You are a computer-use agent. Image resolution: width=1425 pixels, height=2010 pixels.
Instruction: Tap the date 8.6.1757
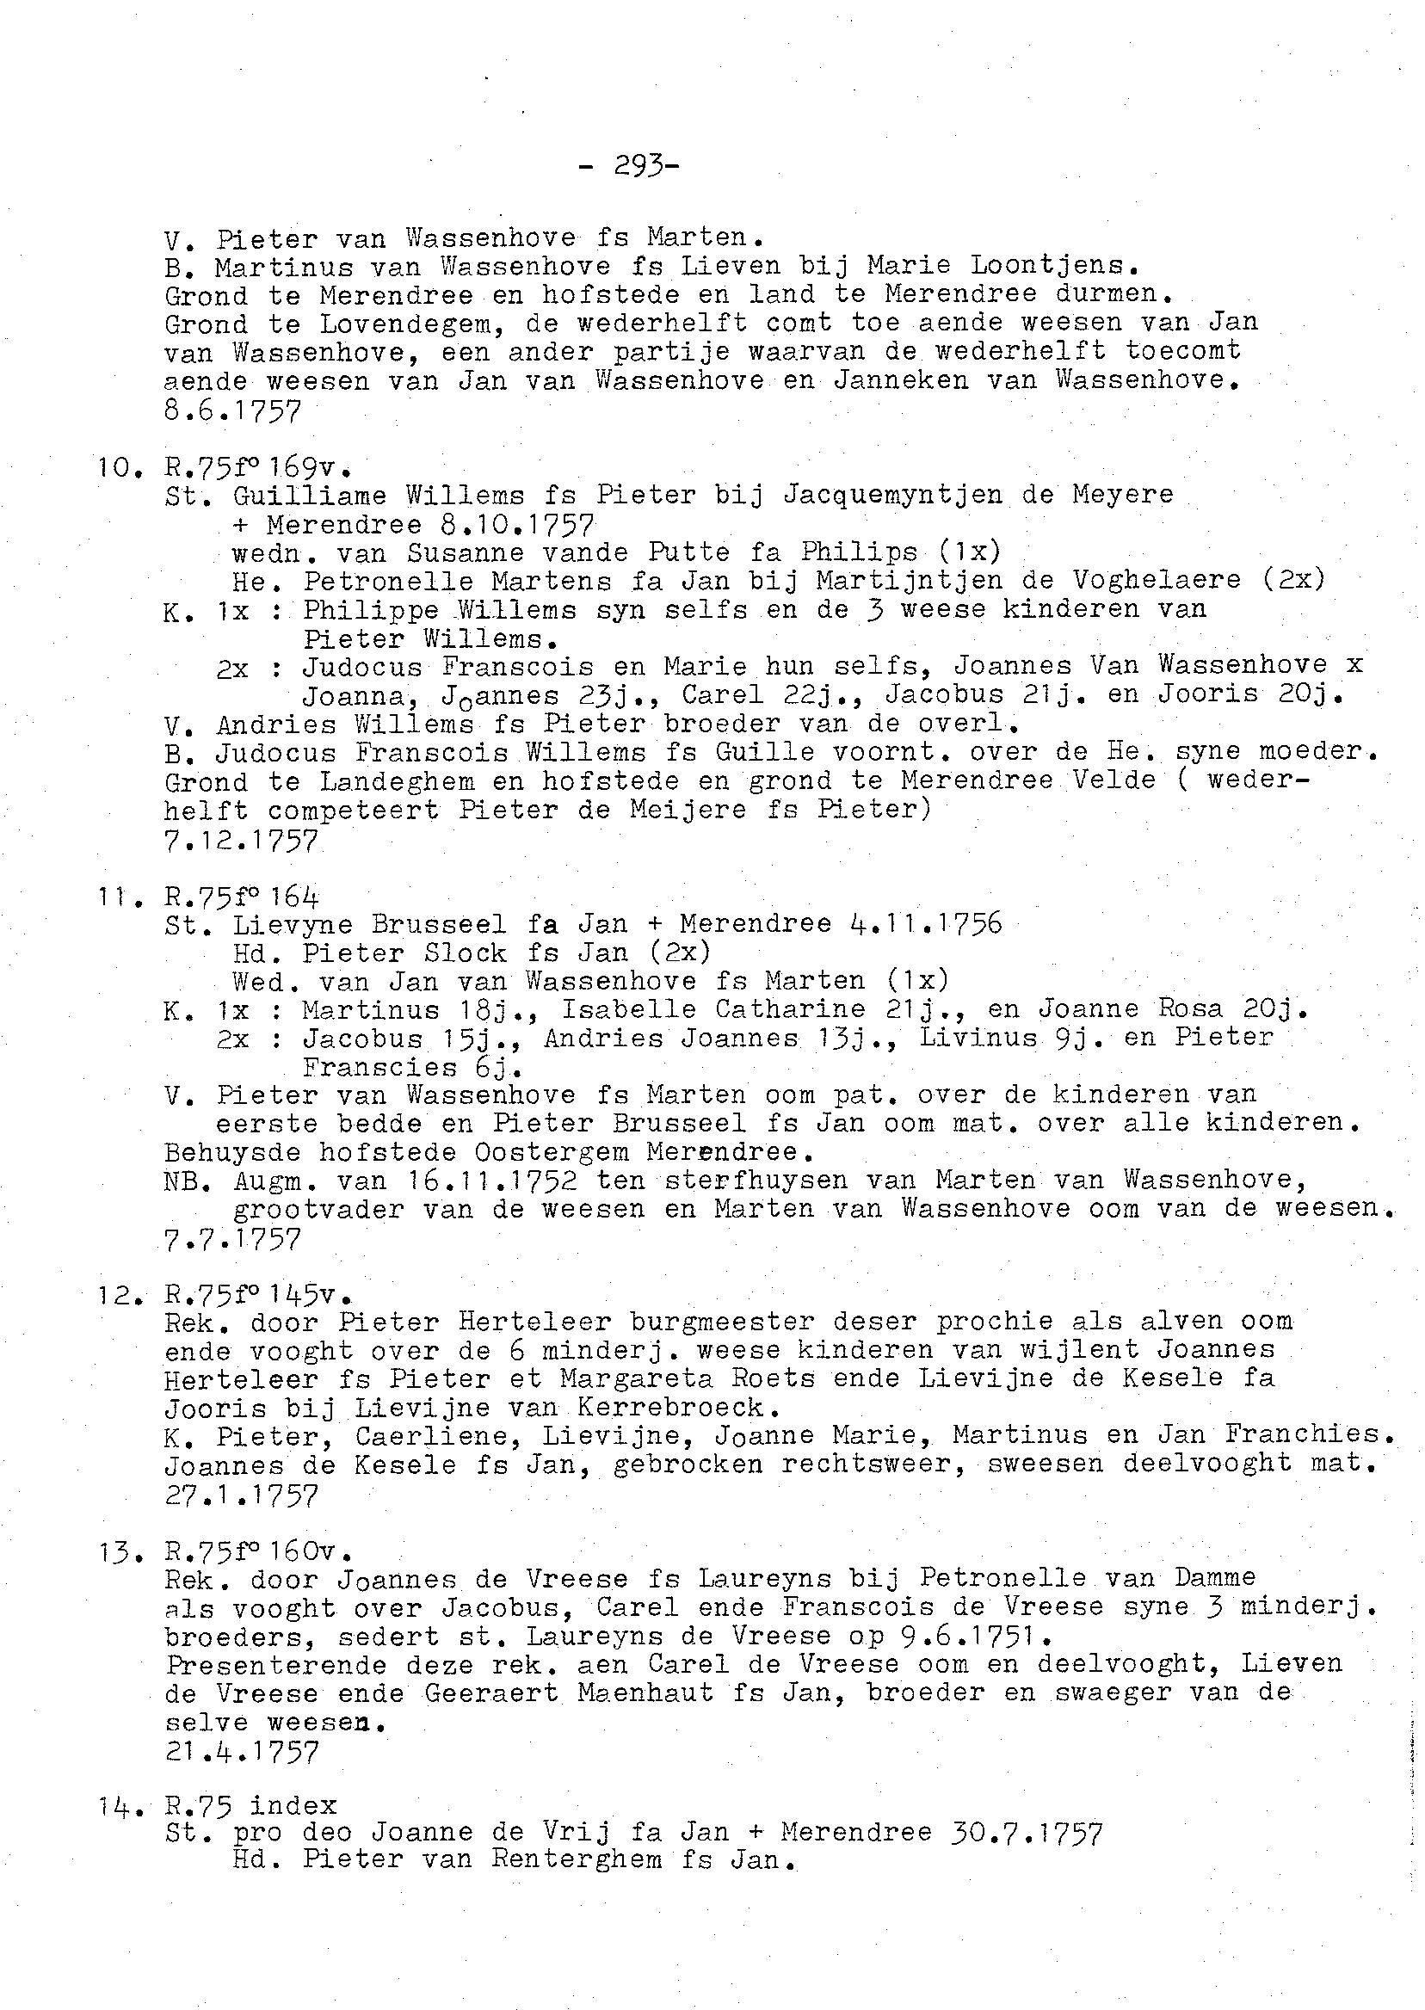pos(231,410)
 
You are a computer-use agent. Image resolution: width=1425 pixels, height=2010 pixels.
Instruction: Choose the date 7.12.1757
pos(240,841)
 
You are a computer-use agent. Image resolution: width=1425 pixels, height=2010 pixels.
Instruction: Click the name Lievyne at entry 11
pos(293,925)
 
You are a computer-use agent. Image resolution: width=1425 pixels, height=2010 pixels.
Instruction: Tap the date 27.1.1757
pos(240,1493)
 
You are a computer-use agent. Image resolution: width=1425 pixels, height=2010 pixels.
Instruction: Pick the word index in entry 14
pos(293,1805)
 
